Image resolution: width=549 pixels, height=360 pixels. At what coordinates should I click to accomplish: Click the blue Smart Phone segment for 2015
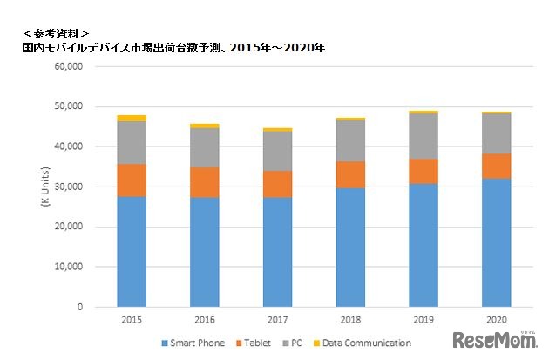click(x=132, y=252)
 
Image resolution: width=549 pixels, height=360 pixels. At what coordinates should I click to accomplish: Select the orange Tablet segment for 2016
click(x=205, y=182)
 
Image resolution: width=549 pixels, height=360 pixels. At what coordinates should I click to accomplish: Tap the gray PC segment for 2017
click(x=278, y=151)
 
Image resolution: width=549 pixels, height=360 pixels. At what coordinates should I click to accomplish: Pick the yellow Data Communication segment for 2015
click(x=132, y=118)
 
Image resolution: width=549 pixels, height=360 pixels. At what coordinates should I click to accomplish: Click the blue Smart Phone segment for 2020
click(x=497, y=243)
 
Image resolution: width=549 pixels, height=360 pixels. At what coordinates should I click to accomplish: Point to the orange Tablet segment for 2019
click(x=424, y=171)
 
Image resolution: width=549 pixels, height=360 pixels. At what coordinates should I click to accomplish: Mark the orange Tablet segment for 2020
click(x=497, y=166)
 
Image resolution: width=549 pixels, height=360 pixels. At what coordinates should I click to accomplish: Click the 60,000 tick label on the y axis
click(x=67, y=66)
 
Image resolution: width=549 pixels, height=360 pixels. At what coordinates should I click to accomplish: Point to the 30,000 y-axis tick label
click(x=67, y=187)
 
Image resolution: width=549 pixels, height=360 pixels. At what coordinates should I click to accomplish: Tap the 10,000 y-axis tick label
click(x=67, y=267)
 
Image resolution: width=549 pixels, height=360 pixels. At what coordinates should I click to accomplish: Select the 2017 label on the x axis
click(x=278, y=321)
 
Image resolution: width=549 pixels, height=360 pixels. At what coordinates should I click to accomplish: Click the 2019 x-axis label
click(x=424, y=321)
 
